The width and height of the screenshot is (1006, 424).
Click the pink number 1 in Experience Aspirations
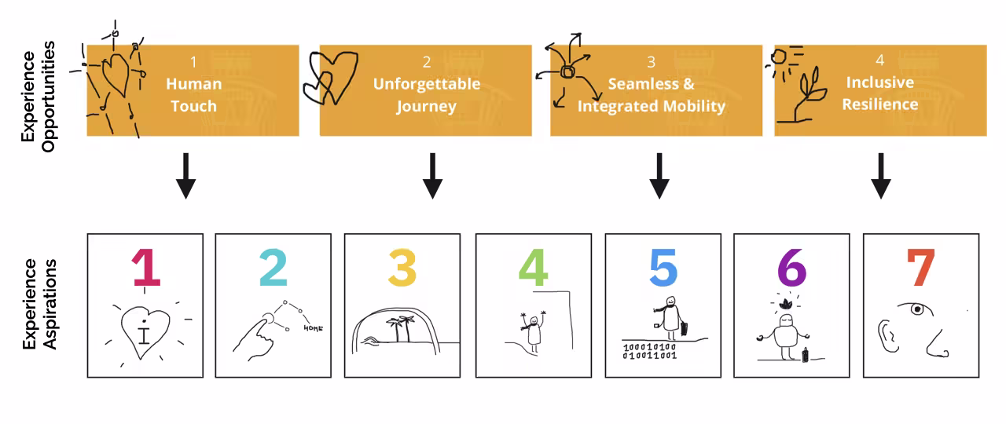145,268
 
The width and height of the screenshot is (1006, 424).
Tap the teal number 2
274,268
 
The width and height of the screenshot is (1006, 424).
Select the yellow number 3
402,268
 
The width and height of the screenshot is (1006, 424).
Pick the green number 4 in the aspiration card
533,268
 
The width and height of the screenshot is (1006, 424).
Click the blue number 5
663,268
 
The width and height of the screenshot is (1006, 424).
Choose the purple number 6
791,268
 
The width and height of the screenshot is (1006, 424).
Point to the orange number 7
920,268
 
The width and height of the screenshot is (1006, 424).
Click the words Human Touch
193,94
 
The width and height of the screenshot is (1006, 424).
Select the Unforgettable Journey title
426,94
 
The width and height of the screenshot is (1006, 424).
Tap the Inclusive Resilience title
880,93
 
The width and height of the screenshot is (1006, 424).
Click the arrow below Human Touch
185,176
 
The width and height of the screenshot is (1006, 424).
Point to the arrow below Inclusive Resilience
881,176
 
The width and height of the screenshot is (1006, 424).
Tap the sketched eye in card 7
916,309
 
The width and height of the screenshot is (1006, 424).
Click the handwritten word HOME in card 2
313,328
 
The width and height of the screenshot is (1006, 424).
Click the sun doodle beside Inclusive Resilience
780,57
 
